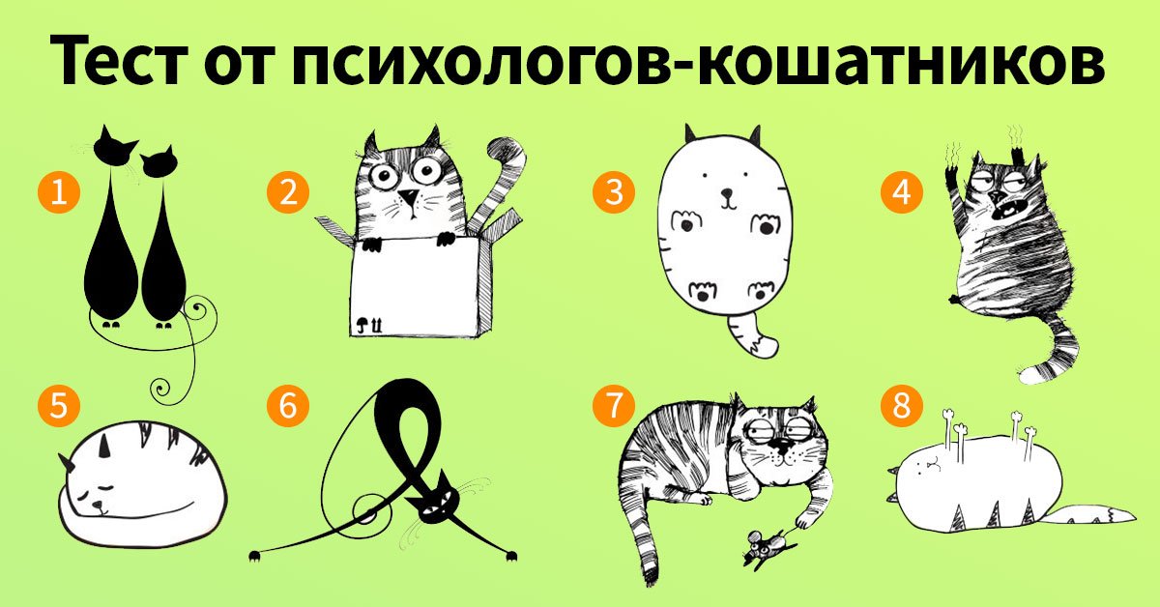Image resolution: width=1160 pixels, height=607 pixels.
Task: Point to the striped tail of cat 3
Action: (752, 333)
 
